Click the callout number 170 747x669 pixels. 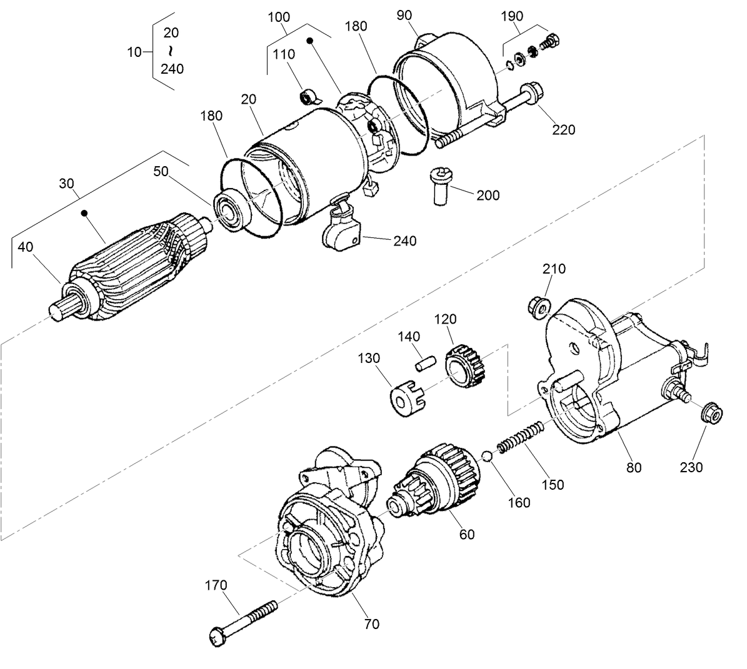216,585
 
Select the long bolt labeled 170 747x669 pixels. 244,619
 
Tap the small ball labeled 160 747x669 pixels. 487,455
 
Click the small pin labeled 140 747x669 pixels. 425,362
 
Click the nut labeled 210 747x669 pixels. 538,306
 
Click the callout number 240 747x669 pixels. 404,240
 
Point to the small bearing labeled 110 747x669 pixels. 308,97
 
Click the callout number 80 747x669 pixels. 634,467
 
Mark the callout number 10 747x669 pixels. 134,52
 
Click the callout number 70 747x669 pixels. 371,623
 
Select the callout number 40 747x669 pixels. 25,247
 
